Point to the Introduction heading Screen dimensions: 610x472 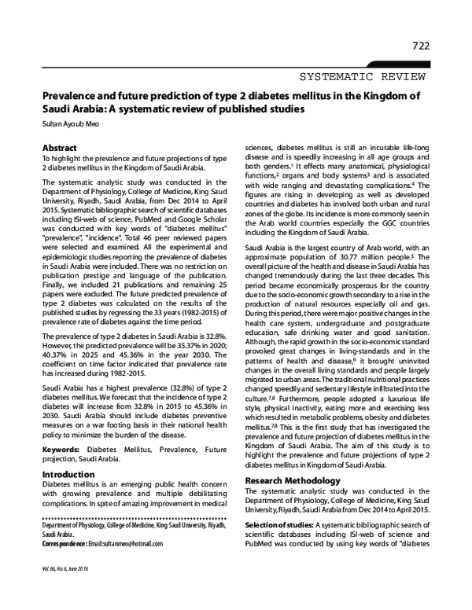click(x=68, y=475)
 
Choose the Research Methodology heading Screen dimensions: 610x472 click(x=294, y=480)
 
